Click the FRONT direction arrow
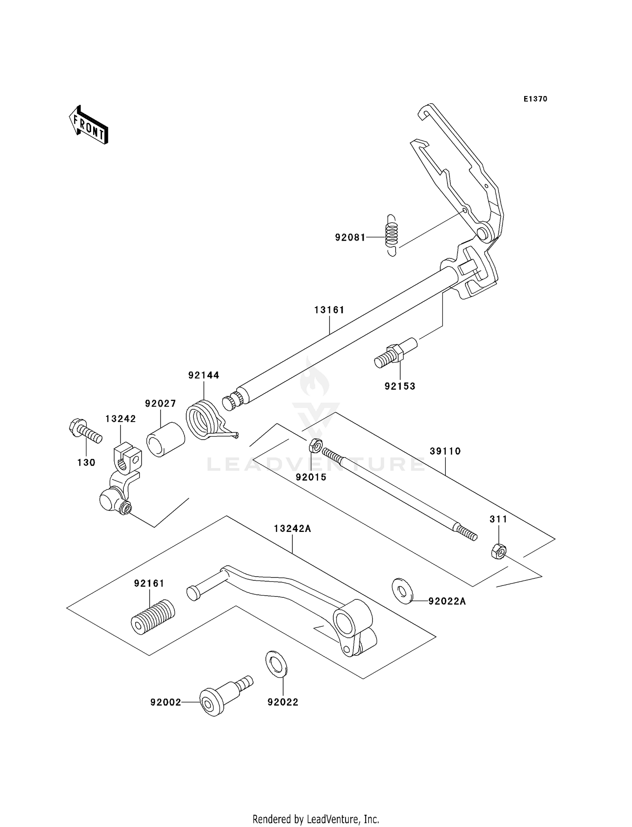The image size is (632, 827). pos(88,126)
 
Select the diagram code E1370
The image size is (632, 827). pos(535,99)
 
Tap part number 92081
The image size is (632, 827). pos(350,237)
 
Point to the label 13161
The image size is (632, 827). pos(329,310)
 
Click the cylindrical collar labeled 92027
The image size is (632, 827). pos(166,440)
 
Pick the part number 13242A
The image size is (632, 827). pos(292,529)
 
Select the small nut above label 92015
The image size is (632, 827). pos(316,445)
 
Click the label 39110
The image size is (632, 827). pos(445,451)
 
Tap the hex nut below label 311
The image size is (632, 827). pos(498,551)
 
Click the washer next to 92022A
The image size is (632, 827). pos(402,591)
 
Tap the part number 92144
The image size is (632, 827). pos(204,375)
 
